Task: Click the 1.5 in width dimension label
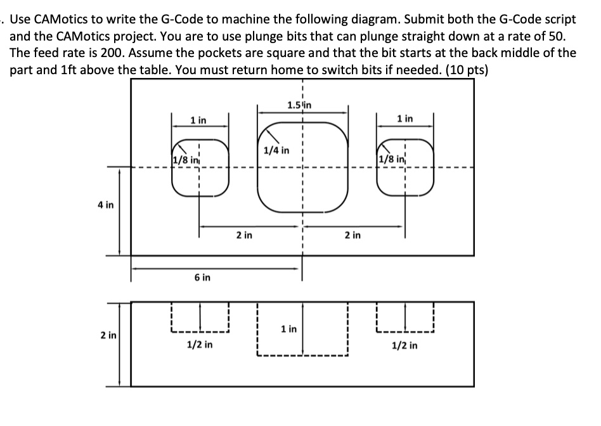click(300, 105)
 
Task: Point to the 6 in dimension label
click(202, 278)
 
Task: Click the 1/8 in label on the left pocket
click(184, 158)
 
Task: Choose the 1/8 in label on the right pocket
click(388, 158)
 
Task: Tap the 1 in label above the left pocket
click(198, 120)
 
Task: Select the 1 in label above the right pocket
click(404, 119)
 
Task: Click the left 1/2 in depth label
click(200, 345)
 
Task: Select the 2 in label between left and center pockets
click(242, 235)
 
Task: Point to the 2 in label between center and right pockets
click(352, 235)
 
